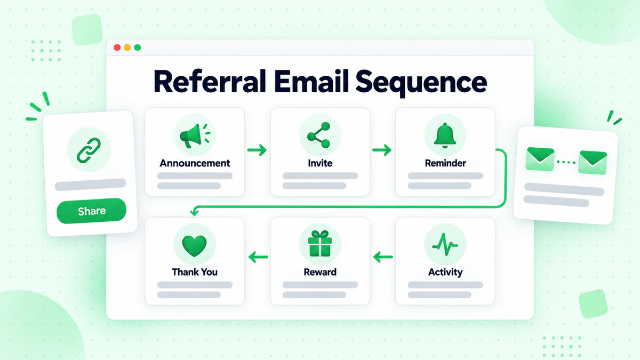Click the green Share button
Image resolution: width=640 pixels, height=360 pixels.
91,211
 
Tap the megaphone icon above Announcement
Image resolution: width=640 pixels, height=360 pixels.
195,135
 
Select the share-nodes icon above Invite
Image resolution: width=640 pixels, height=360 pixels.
319,135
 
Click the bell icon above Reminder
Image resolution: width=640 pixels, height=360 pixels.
445,135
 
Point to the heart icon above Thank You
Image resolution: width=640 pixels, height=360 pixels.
194,246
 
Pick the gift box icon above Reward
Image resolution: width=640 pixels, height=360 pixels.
319,243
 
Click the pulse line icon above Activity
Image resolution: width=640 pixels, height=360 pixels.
445,245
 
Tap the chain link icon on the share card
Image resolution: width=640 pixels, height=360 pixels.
89,150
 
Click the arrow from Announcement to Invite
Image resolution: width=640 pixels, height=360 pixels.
257,150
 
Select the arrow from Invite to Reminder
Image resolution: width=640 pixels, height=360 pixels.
382,150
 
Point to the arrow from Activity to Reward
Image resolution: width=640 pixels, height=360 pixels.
383,257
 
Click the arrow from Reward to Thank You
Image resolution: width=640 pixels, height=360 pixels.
258,257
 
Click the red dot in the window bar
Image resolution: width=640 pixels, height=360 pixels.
117,47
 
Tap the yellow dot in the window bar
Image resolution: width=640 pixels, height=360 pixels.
127,47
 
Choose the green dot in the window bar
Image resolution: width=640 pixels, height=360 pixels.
138,47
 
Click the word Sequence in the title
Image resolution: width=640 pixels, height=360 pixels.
421,83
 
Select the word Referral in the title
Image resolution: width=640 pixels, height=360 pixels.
210,81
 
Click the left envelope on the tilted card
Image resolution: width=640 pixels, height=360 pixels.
540,159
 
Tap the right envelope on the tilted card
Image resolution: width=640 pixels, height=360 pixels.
593,163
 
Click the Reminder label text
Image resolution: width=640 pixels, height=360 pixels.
445,163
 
